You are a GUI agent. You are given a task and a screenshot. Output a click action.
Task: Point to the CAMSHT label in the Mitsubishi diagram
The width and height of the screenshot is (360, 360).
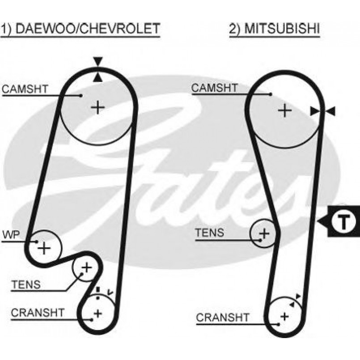[x=214, y=88]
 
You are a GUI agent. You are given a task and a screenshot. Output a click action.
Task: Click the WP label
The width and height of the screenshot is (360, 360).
[x=10, y=234]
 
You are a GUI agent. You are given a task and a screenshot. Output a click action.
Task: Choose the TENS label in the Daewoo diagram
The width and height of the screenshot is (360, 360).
[x=26, y=284]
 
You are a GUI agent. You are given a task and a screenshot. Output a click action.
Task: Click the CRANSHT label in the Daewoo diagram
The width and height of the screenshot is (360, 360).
[x=38, y=312]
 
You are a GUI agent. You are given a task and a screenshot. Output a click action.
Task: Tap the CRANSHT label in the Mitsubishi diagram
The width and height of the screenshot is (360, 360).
[x=222, y=318]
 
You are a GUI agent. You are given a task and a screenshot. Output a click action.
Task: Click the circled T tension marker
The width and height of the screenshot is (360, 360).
[x=342, y=221]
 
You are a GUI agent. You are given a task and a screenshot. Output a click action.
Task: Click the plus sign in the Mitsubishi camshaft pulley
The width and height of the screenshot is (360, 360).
[x=284, y=110]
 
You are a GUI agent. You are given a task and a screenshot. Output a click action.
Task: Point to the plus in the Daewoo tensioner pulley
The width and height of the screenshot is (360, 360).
[x=86, y=268]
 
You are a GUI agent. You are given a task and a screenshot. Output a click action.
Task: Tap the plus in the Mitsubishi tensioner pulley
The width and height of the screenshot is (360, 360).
[x=265, y=233]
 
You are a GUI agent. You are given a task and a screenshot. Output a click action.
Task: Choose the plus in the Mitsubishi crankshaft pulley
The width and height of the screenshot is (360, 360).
[x=284, y=316]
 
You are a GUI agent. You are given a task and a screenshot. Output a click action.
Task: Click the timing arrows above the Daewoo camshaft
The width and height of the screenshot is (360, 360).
[x=98, y=69]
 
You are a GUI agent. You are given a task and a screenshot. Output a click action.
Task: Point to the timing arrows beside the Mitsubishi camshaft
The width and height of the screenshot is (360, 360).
[x=323, y=111]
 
